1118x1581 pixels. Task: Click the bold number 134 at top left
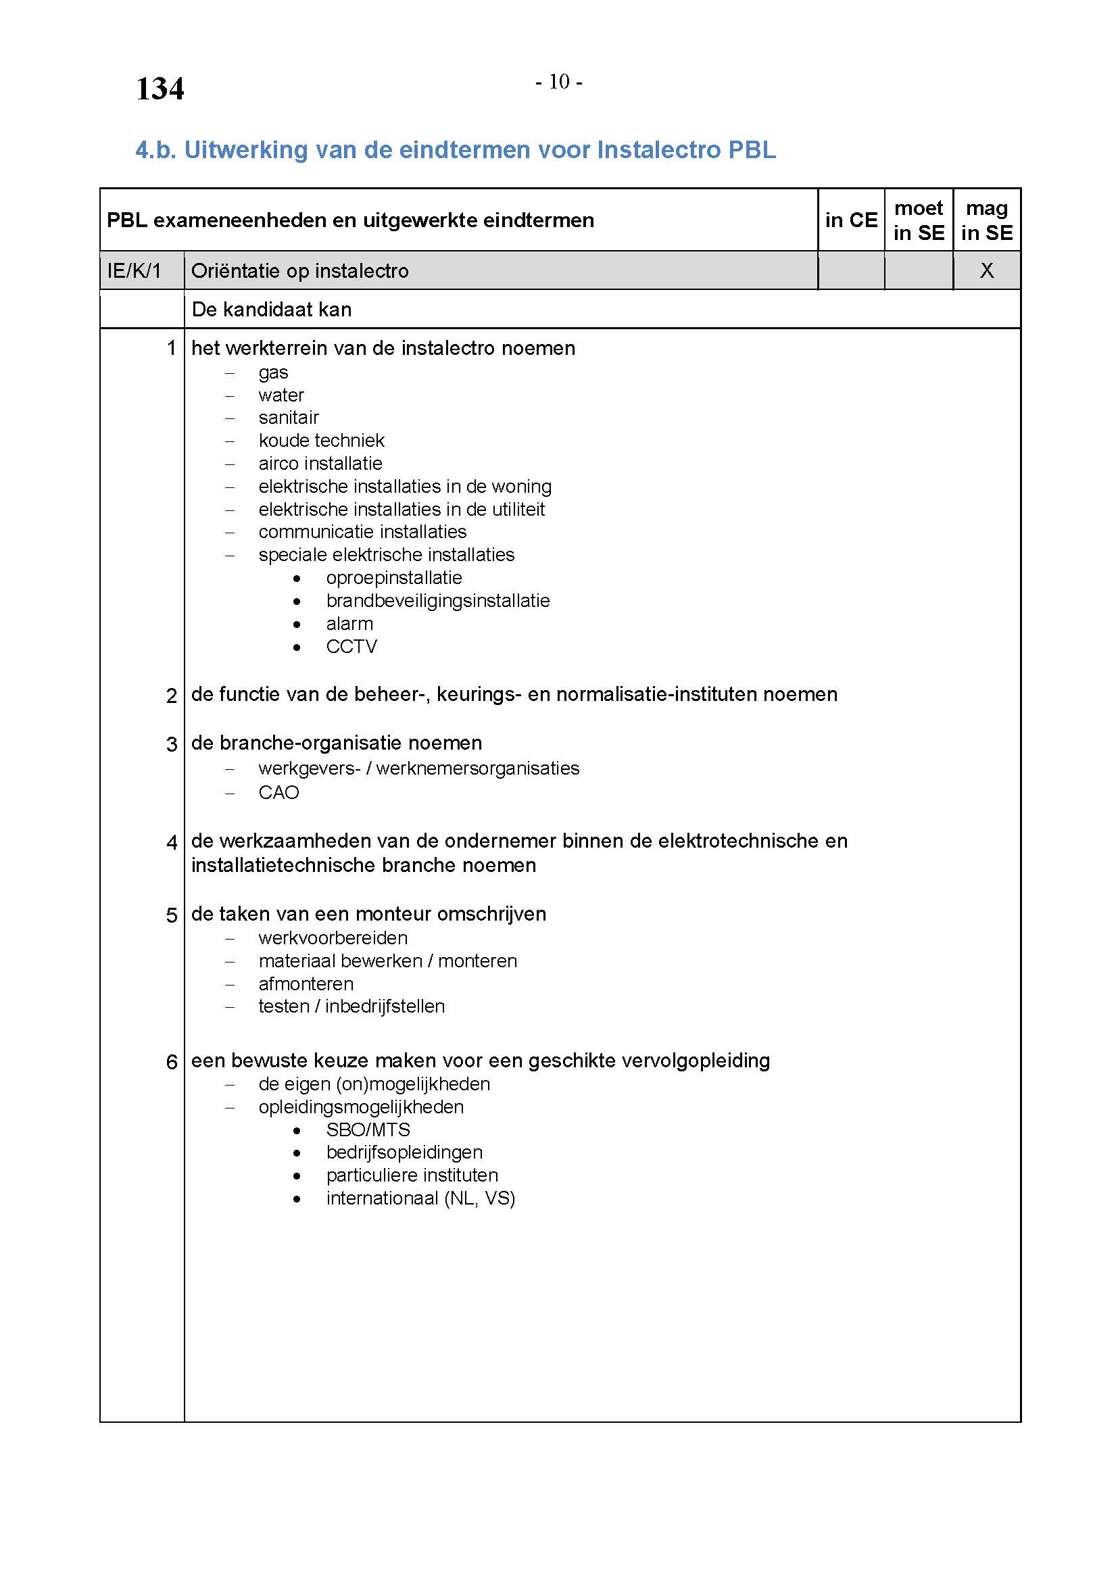coord(160,89)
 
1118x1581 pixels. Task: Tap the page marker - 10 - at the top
coord(559,82)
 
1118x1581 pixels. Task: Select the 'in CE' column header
coord(851,220)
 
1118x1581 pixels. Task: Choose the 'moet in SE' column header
coord(919,220)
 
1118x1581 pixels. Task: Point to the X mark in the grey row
coord(986,270)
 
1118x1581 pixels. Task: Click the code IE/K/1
coord(135,270)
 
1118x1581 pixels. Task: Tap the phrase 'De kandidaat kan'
coord(271,310)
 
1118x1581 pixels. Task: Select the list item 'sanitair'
coord(289,418)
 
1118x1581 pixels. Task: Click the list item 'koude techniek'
coord(322,441)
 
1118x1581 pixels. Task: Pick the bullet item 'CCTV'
coord(351,647)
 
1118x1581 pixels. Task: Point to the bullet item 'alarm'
coord(349,624)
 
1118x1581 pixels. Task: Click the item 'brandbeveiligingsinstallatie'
coord(438,601)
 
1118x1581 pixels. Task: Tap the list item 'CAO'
coord(278,793)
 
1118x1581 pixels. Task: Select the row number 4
coord(172,842)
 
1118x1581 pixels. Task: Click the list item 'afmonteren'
coord(306,984)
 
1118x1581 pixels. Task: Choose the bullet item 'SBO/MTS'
coord(368,1130)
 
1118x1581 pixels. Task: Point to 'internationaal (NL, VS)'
coord(420,1198)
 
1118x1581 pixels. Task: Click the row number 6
coord(172,1062)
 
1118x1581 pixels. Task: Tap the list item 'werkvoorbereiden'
coord(333,938)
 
